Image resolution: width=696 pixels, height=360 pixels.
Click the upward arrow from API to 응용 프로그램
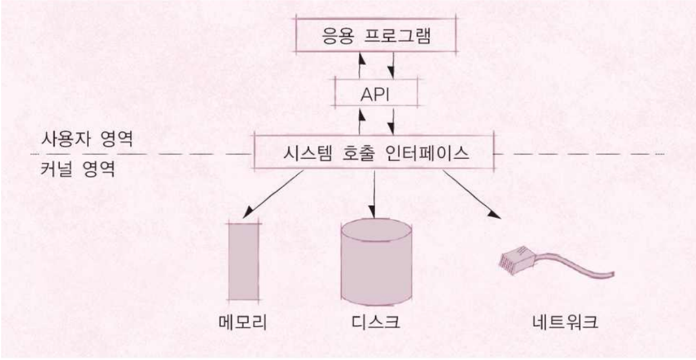[x=360, y=65]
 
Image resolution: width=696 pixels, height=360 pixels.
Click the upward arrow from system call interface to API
[x=360, y=121]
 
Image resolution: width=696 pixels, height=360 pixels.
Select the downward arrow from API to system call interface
[x=392, y=121]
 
